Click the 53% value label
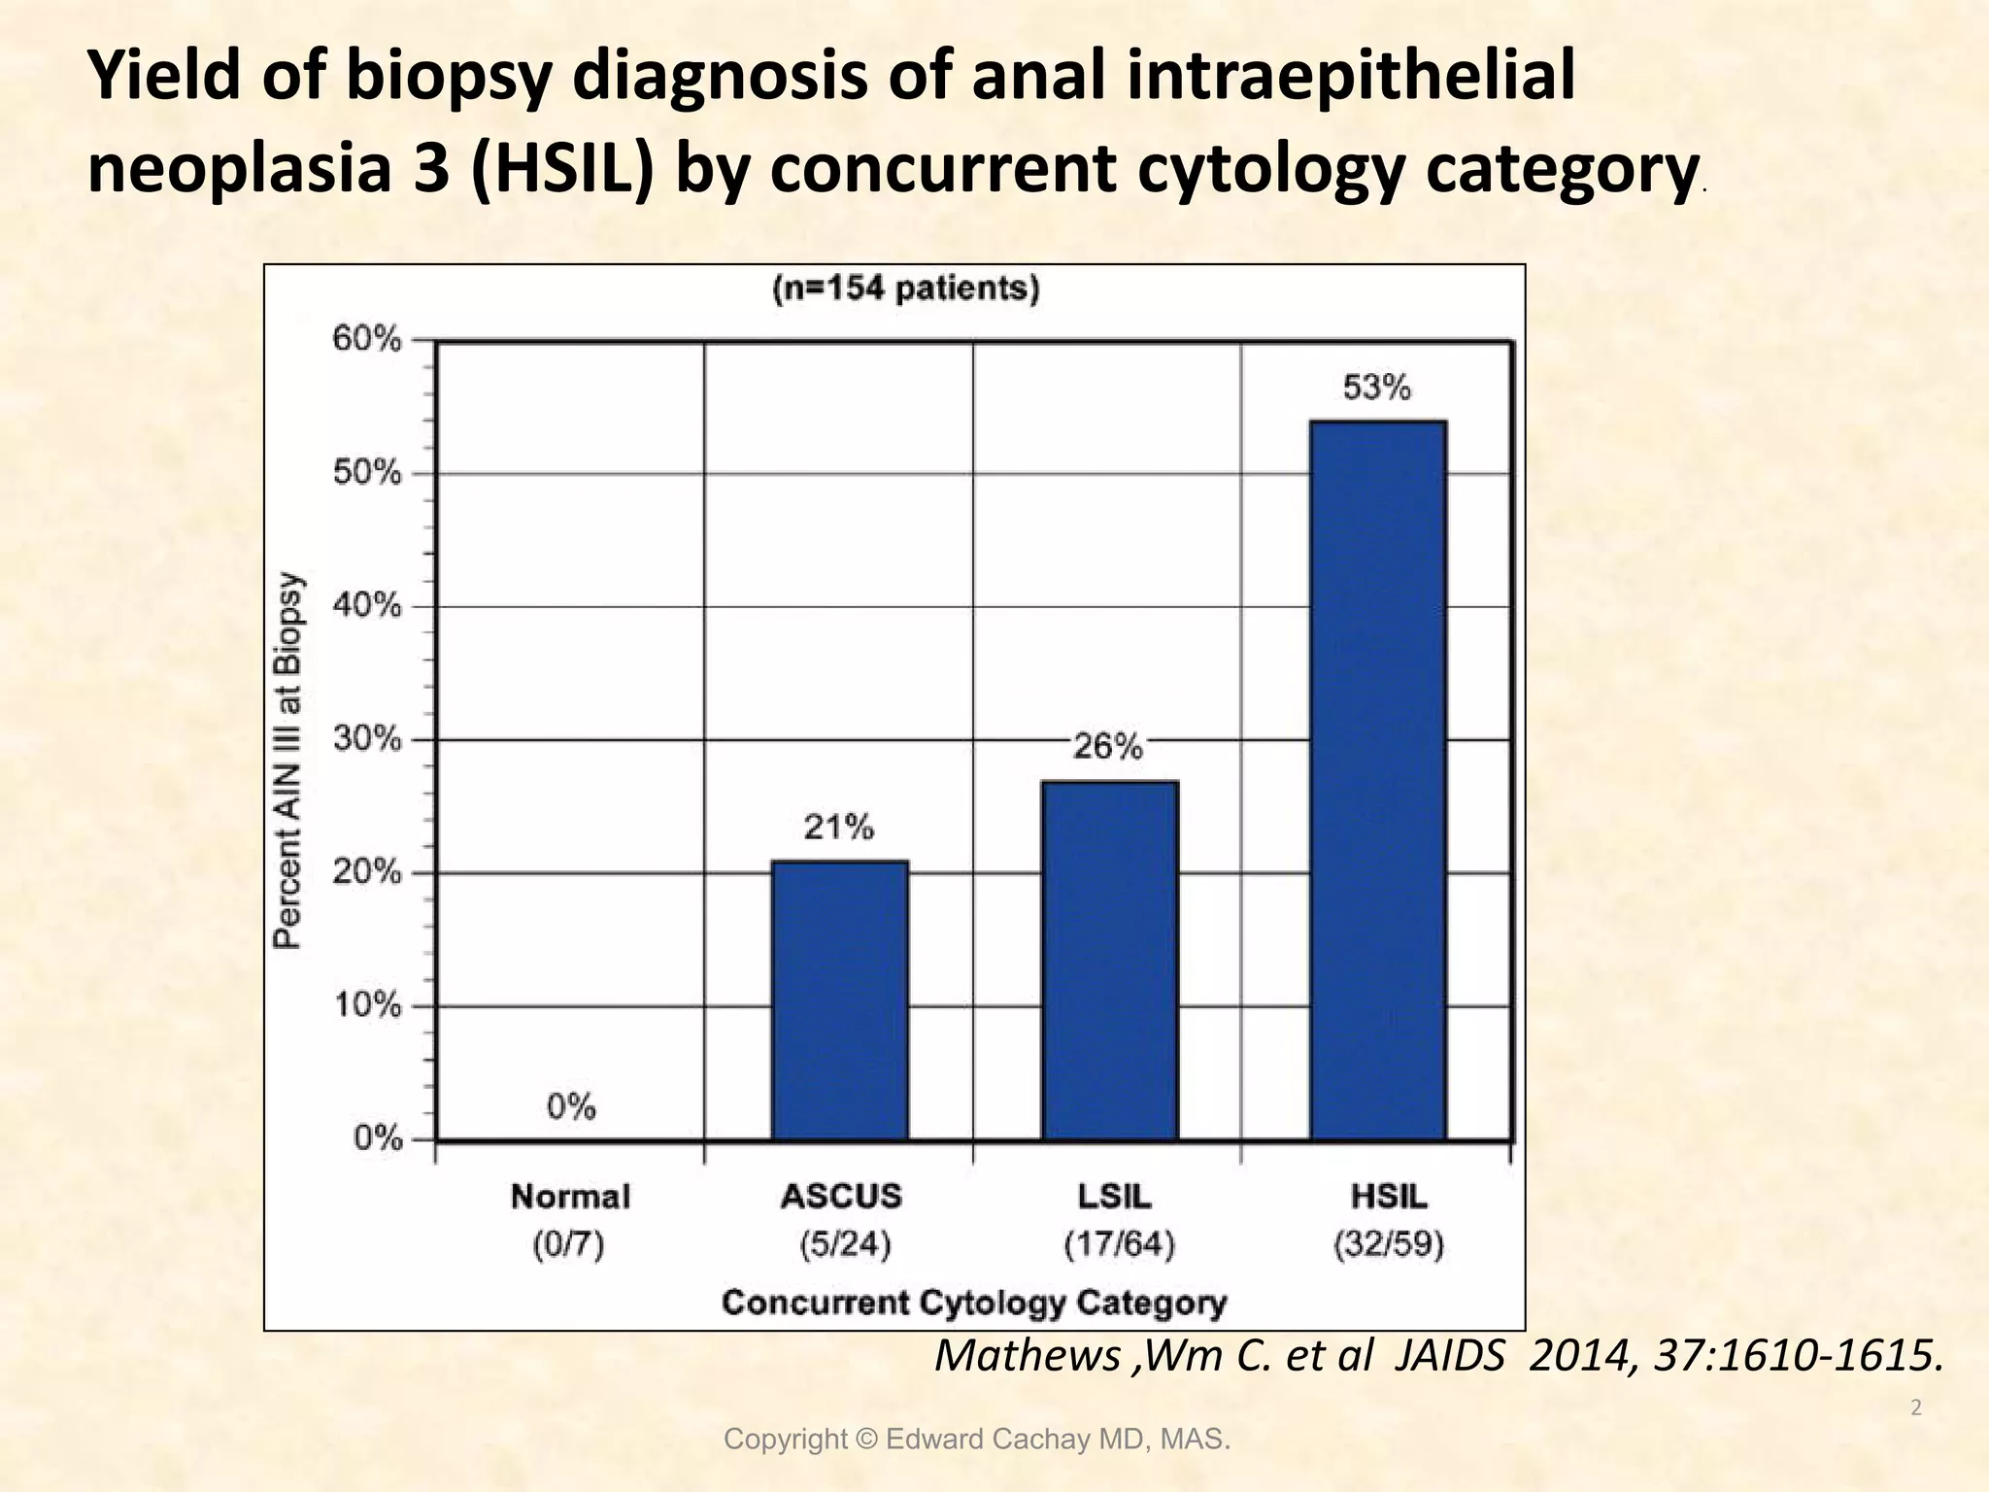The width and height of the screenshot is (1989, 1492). (1376, 389)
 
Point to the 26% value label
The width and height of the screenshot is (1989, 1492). (1107, 747)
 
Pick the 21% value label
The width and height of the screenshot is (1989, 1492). (838, 828)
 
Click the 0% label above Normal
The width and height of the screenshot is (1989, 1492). (571, 1106)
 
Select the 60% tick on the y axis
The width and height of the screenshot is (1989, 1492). (367, 340)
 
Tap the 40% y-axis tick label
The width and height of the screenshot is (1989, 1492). (367, 606)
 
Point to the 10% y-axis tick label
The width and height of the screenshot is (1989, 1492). (367, 1005)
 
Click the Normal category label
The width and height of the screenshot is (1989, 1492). (570, 1196)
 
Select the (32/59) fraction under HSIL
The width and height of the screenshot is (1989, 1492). (1389, 1244)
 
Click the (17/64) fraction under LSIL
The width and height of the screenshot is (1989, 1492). (1119, 1244)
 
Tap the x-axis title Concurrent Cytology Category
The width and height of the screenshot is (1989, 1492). (974, 1302)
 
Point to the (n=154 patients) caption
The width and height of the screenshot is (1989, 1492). (905, 289)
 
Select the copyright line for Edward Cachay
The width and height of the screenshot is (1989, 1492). (977, 1440)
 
